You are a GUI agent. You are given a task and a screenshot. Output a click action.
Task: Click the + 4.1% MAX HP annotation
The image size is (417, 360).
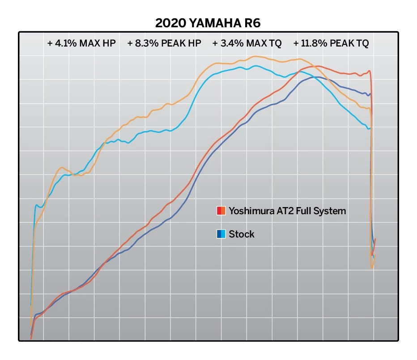coord(81,43)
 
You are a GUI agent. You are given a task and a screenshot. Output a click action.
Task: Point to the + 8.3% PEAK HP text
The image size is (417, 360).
coord(164,43)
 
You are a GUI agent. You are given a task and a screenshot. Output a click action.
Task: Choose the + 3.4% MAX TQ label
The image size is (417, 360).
coord(247,43)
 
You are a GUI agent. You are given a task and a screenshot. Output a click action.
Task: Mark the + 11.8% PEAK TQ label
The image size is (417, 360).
coord(331,43)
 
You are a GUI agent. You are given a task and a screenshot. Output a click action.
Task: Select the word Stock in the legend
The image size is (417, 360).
coord(242,234)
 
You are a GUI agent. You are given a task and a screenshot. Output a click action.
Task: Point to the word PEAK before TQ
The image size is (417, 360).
coord(342,43)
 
